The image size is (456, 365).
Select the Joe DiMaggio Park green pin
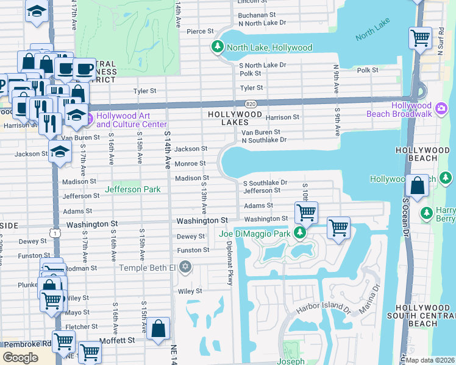(x=299, y=233)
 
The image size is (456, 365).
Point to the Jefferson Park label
(x=132, y=190)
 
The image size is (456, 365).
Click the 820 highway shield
(x=251, y=104)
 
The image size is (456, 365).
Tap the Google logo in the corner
(x=20, y=358)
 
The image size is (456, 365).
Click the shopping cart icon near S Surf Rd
(x=420, y=38)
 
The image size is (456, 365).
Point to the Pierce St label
(x=200, y=31)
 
